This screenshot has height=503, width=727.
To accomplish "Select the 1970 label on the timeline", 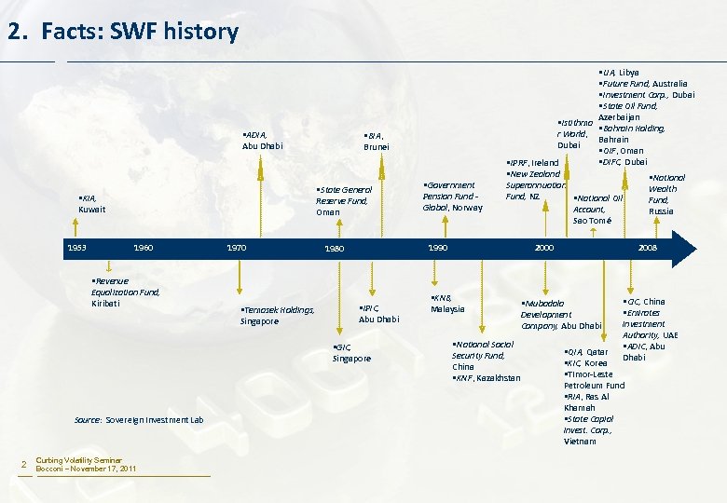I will (x=237, y=249).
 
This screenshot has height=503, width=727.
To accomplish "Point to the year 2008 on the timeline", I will (x=648, y=249).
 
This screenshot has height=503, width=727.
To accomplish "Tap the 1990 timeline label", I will (x=437, y=249).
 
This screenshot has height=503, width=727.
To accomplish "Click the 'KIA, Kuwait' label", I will (x=92, y=204).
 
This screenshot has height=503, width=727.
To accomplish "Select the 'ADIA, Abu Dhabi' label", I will (x=262, y=140).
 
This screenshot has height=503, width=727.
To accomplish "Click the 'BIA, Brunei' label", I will (x=377, y=141).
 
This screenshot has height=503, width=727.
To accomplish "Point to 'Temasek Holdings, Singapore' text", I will (x=277, y=315).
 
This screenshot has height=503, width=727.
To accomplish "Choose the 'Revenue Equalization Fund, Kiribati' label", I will (x=125, y=292).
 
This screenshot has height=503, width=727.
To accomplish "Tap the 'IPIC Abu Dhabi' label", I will (x=378, y=313).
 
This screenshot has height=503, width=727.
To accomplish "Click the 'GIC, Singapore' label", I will (x=351, y=352).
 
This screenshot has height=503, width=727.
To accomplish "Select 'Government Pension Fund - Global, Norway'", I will (x=452, y=196).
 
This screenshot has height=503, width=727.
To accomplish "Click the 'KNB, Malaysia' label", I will (x=446, y=303).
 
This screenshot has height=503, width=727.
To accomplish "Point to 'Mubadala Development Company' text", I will (x=560, y=314).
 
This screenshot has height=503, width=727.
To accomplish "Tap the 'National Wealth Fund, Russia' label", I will (x=663, y=194).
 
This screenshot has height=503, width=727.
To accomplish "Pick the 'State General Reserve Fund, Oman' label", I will (x=343, y=200).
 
